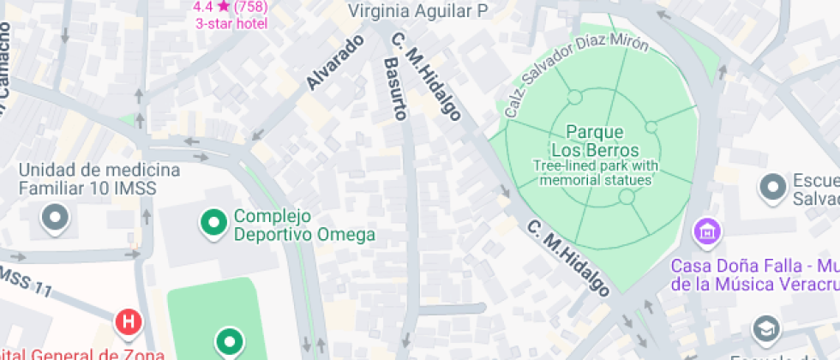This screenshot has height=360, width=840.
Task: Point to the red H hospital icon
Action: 128,322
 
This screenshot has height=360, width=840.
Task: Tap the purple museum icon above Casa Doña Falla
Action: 707,231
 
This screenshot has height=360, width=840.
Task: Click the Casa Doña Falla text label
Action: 754,274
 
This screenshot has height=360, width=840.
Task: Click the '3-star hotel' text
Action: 231,23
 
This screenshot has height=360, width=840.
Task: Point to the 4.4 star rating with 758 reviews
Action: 231,7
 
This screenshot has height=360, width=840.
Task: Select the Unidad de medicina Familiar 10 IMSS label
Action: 99,178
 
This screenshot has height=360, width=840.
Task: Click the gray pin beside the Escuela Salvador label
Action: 774,187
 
